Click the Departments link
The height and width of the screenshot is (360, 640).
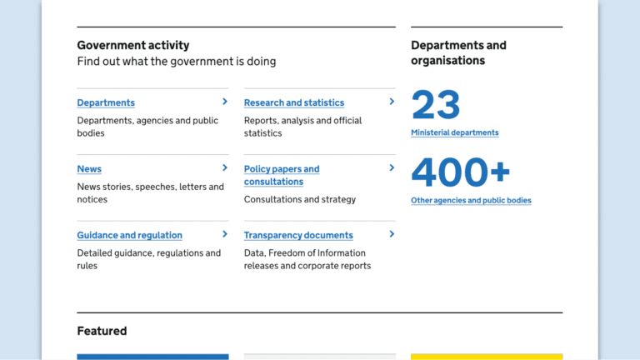[x=106, y=102]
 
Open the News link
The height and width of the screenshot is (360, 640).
[x=89, y=168]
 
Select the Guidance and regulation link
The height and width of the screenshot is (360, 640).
[x=129, y=235]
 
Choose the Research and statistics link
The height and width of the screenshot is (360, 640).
[x=293, y=102]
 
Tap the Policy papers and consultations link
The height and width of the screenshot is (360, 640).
[x=281, y=175]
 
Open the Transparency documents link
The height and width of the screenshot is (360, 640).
[x=298, y=235]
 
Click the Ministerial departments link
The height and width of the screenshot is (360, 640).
[x=454, y=132]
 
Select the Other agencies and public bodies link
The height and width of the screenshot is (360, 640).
[x=471, y=200]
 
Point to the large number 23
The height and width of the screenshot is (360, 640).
[x=436, y=106]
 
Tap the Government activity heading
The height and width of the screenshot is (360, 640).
[x=133, y=45]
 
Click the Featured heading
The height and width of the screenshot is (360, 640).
[x=102, y=331]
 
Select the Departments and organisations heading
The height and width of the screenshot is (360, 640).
[x=458, y=52]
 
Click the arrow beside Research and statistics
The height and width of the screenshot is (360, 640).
[x=392, y=102]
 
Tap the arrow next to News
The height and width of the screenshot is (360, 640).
[x=225, y=167]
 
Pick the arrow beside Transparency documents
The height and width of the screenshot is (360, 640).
[x=392, y=234]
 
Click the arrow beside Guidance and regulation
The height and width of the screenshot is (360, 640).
[x=225, y=234]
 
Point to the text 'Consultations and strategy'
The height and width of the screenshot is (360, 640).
[x=300, y=199]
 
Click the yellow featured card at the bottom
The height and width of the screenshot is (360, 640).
[x=487, y=357]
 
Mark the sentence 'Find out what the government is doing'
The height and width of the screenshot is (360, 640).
[x=177, y=61]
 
